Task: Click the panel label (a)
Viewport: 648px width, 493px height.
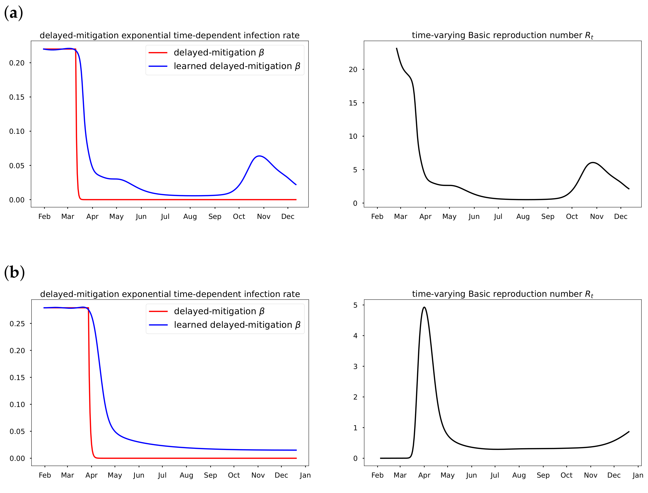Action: click(14, 13)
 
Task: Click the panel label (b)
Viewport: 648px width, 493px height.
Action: click(14, 272)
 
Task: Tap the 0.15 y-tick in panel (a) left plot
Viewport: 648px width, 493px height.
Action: click(17, 97)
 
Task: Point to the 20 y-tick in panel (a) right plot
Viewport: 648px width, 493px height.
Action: click(353, 69)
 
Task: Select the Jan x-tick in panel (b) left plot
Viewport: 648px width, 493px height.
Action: click(305, 475)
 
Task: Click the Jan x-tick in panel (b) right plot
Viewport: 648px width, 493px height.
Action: click(637, 475)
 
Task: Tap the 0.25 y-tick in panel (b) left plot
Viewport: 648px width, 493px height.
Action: click(17, 324)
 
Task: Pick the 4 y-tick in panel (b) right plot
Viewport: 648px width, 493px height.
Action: click(355, 335)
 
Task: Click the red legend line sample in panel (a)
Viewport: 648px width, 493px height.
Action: click(158, 53)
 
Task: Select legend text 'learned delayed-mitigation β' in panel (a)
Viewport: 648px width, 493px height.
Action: click(237, 66)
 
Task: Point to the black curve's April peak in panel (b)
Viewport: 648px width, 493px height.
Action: click(424, 307)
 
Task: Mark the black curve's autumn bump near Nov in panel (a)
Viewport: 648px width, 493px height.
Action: click(593, 163)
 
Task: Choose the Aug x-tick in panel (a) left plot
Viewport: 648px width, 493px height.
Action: click(190, 217)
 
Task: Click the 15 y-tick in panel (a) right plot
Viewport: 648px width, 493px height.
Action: click(353, 103)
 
